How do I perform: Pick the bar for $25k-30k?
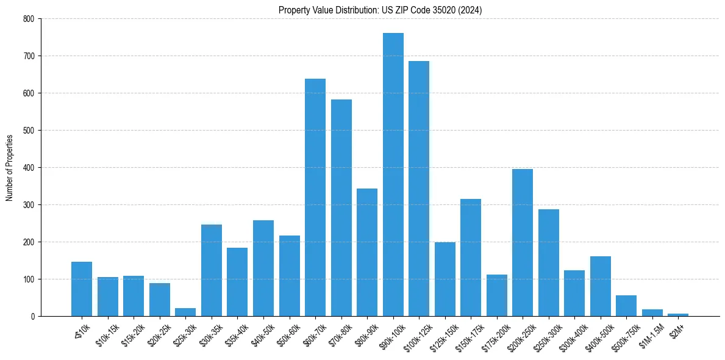185,312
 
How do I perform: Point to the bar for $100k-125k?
419,189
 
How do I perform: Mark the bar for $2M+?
678,315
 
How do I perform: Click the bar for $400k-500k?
601,286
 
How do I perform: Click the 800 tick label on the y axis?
29,19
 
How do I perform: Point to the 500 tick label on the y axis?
29,131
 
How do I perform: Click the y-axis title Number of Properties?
9,168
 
